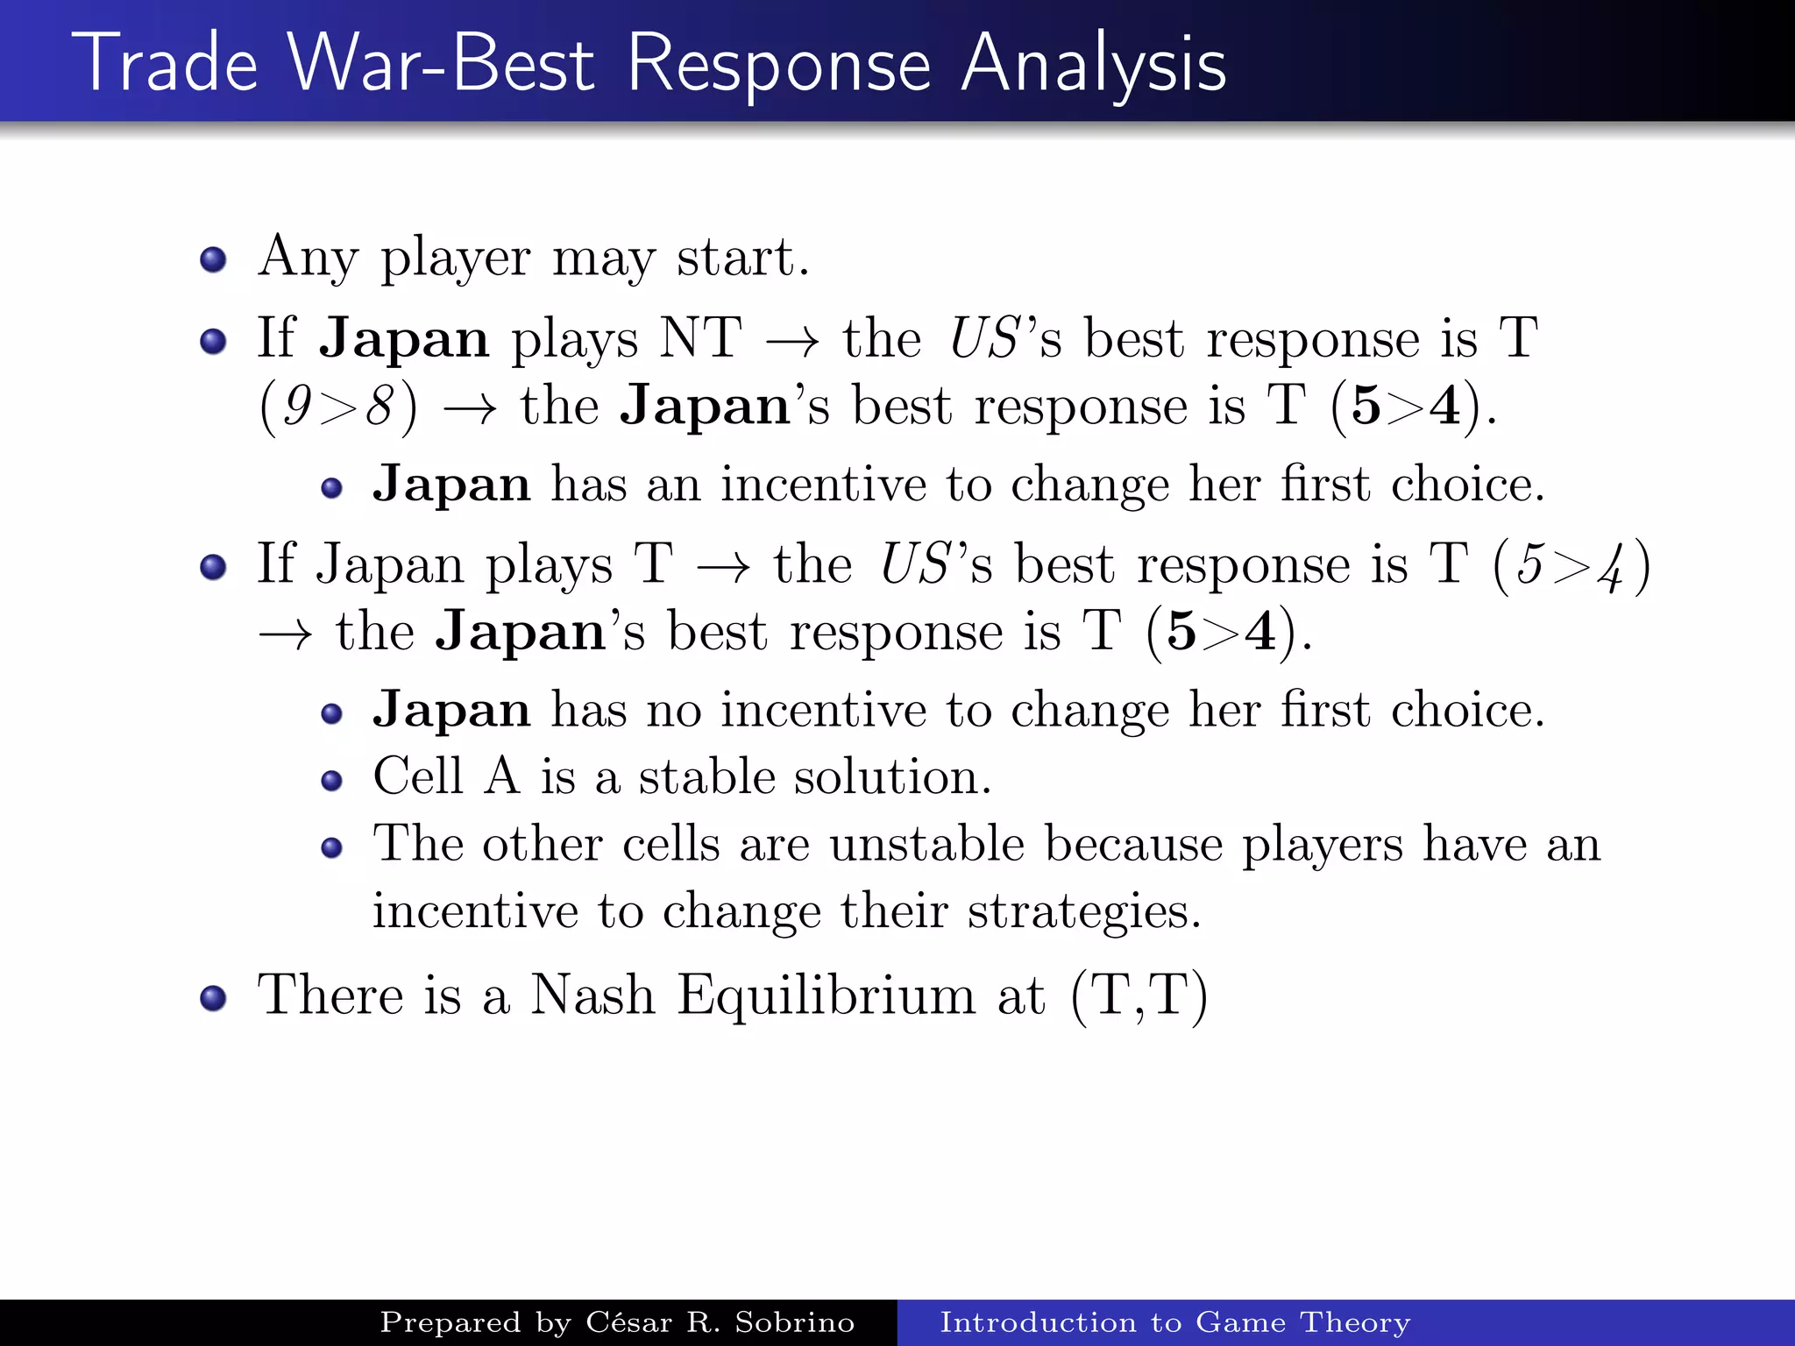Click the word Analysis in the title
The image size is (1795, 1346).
coord(1093,66)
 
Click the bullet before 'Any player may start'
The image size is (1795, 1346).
coord(213,259)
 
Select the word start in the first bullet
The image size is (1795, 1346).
coord(742,258)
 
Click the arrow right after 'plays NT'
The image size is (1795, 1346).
coord(793,341)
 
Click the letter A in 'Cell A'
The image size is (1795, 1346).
coord(502,776)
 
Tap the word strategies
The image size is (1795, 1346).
coord(1084,911)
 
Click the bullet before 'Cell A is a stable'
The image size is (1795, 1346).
coord(331,780)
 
